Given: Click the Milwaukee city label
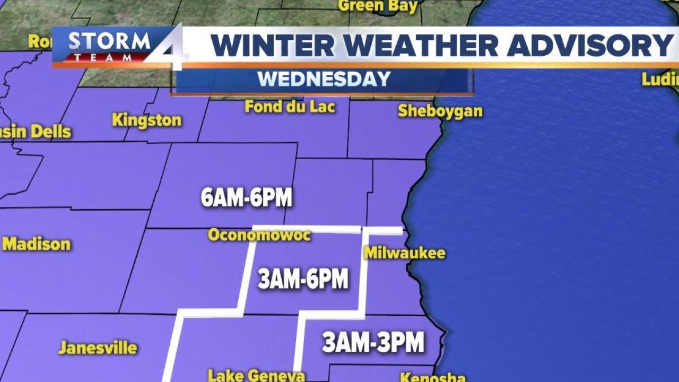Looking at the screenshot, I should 404,253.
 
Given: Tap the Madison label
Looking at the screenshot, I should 37,245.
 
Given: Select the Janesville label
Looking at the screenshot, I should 98,348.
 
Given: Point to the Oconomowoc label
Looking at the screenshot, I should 259,235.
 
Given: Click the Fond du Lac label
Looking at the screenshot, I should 290,107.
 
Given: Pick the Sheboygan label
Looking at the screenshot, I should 440,111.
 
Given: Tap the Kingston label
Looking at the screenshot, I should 146,120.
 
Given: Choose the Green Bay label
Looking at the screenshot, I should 377,6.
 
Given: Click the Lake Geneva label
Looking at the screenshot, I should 256,376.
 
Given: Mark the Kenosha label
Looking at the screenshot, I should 432,378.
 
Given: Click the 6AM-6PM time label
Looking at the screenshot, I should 247,198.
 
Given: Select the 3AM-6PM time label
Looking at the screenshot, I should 303,279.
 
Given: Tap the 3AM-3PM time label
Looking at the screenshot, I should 373,342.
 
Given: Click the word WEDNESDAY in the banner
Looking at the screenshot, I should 324,79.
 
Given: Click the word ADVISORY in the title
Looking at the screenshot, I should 589,45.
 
